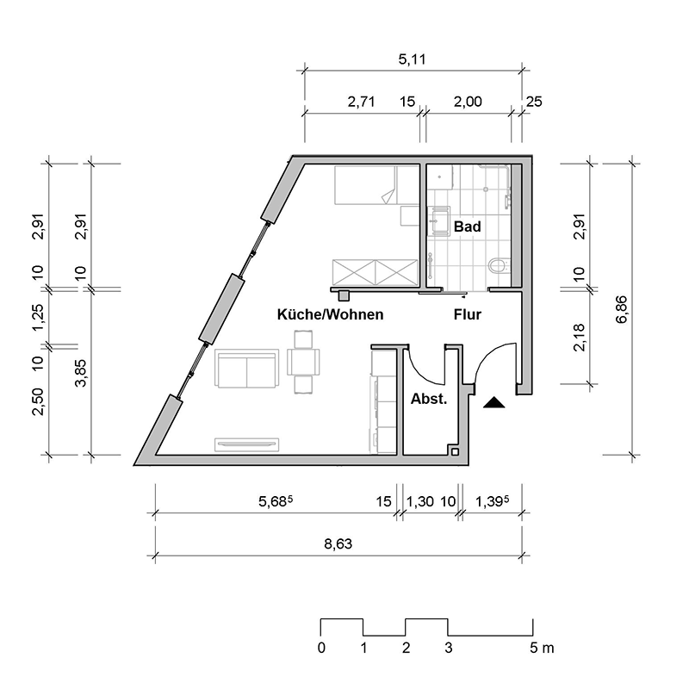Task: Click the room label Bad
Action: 467,227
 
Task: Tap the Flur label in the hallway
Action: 468,315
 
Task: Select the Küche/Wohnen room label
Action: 330,315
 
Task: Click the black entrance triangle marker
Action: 494,402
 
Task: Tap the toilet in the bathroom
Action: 497,266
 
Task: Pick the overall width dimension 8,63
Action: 338,544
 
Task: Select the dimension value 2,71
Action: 363,102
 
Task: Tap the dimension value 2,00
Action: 467,102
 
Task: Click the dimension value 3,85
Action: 81,373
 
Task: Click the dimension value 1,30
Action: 419,500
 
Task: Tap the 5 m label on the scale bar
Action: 543,648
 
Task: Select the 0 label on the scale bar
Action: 321,648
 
